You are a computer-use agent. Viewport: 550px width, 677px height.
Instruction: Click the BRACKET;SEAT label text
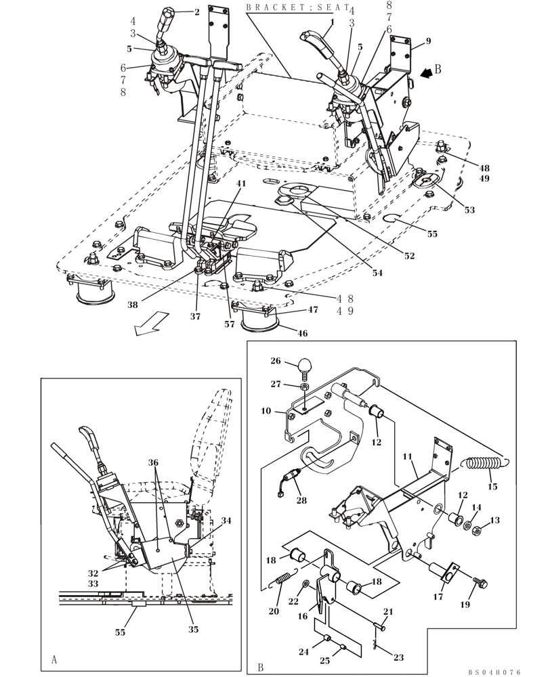298,8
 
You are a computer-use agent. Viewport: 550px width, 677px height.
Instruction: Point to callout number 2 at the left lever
197,12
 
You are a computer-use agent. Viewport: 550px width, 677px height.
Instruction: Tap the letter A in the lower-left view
54,657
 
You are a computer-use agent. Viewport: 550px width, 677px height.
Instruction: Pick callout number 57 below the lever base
229,324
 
